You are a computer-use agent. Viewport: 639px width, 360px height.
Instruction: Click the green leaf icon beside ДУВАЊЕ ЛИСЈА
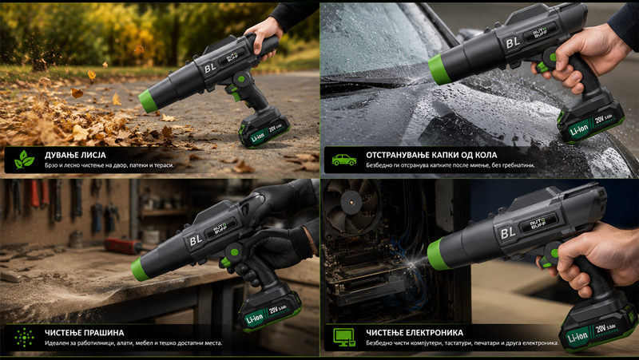24,159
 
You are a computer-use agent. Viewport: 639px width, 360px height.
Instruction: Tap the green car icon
343,160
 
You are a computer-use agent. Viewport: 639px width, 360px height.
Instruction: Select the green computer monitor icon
344,337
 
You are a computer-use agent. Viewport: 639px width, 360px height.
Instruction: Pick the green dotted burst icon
24,337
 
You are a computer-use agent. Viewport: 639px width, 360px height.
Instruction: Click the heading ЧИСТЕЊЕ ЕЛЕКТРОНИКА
415,333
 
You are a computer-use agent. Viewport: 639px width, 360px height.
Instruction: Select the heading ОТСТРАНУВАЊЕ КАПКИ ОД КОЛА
431,155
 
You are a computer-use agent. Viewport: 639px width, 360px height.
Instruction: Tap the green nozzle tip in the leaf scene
148,101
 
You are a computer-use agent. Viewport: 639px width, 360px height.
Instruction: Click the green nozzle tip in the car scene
439,69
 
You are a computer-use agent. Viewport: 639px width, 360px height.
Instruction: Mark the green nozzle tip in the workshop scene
141,269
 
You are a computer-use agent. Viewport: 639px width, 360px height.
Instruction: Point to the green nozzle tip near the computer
437,254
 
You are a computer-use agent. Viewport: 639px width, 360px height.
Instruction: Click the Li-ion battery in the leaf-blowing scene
264,129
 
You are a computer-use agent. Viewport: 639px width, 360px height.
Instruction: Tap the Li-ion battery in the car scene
591,121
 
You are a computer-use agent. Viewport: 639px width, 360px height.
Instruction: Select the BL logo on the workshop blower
195,240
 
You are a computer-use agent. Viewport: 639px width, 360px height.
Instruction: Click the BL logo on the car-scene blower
512,42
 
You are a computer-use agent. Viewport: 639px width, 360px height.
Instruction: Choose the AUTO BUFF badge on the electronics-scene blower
537,224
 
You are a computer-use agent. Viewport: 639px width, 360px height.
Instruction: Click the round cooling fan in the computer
351,203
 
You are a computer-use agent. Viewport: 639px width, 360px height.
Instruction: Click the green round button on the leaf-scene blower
241,78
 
